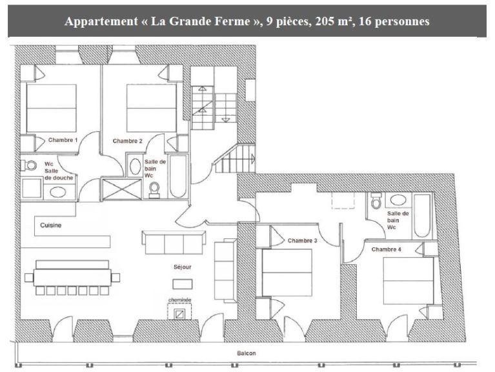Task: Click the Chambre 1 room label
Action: (63, 140)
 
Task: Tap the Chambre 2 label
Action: (128, 141)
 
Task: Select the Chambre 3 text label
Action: (303, 241)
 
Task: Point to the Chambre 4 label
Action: (387, 249)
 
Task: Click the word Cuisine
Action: (50, 225)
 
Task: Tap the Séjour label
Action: (183, 267)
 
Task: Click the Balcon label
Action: (247, 353)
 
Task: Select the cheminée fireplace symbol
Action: (179, 311)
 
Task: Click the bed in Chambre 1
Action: (52, 108)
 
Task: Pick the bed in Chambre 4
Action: (409, 281)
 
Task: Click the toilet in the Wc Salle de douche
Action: (28, 165)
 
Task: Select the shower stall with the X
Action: (122, 189)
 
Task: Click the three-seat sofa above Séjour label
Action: (174, 242)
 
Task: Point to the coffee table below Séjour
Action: (183, 284)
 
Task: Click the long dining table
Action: (72, 278)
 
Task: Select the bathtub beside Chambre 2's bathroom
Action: (178, 176)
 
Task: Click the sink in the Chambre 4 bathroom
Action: (398, 200)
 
